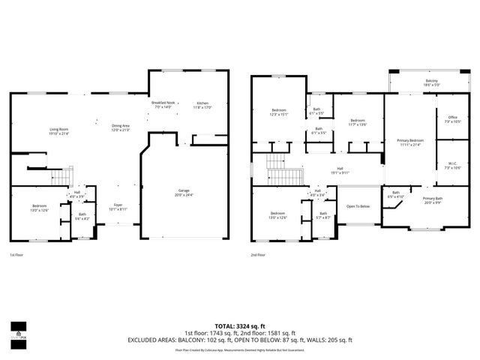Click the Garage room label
coord(184,192)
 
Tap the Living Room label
coord(59,131)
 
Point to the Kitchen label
coord(203,104)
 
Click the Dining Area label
coord(120,127)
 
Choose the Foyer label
coord(118,206)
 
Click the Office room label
coord(452,118)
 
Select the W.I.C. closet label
coord(452,164)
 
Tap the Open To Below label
coord(358,206)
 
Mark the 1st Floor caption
coord(16,256)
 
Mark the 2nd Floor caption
coord(259,256)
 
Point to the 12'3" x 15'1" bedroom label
coord(278,113)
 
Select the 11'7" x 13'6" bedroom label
coord(357,122)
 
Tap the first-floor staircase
coord(58,177)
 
